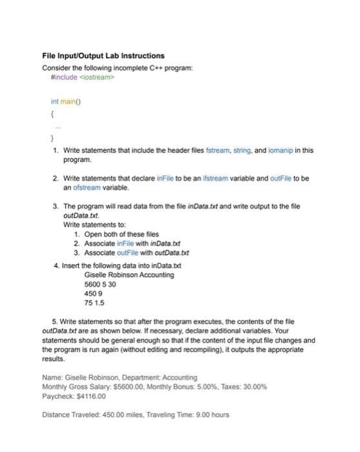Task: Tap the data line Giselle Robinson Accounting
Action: click(129, 274)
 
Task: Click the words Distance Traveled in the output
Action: click(71, 414)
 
